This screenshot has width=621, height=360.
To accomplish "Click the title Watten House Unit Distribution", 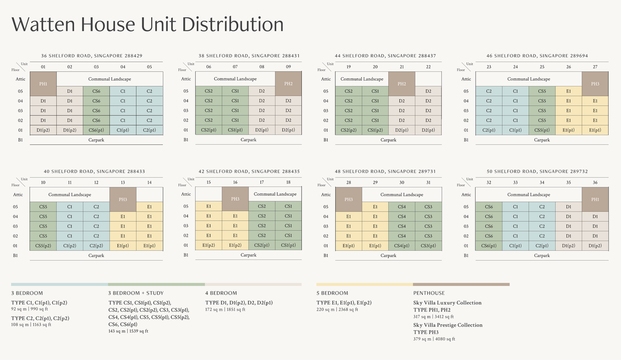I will (x=147, y=25).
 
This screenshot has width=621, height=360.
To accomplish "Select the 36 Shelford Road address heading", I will (x=92, y=55).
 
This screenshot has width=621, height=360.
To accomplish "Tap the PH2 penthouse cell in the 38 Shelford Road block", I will (x=288, y=83).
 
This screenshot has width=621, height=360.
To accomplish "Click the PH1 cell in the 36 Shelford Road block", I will (x=43, y=83).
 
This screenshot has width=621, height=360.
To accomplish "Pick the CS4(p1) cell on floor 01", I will (x=402, y=246).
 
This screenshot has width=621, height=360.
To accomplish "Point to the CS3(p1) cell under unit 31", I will (x=428, y=246).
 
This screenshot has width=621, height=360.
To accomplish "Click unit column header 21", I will (x=402, y=67).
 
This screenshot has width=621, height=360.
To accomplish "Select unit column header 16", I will (x=235, y=182).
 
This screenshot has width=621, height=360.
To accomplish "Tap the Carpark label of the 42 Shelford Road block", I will (x=248, y=256).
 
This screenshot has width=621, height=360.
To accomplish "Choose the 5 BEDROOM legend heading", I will (x=332, y=293).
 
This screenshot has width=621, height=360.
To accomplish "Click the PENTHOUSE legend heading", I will (x=429, y=293).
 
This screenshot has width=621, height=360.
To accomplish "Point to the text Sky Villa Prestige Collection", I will (x=448, y=325).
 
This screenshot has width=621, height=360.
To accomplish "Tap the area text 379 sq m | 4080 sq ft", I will (x=434, y=339).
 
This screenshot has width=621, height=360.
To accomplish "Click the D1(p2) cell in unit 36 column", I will (x=595, y=246).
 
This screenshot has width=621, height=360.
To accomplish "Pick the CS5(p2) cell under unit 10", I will (x=43, y=246).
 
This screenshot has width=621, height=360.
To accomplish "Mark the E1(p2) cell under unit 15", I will (x=209, y=246).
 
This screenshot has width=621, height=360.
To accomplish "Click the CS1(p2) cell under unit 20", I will (x=375, y=130).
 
